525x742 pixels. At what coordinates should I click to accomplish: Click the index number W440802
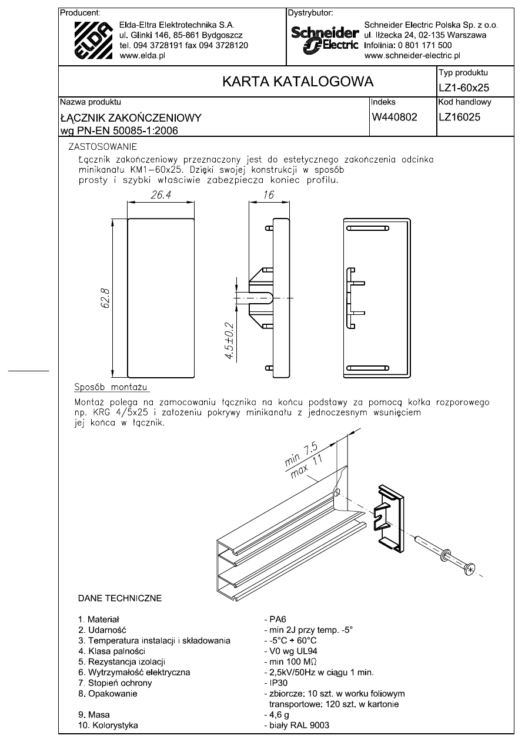tap(394, 117)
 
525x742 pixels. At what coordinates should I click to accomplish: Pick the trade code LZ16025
tap(459, 117)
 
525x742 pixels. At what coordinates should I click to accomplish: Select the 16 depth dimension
tap(268, 196)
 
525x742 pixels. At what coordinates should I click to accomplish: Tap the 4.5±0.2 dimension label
tap(230, 341)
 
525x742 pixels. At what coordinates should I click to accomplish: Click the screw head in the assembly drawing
tap(470, 569)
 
